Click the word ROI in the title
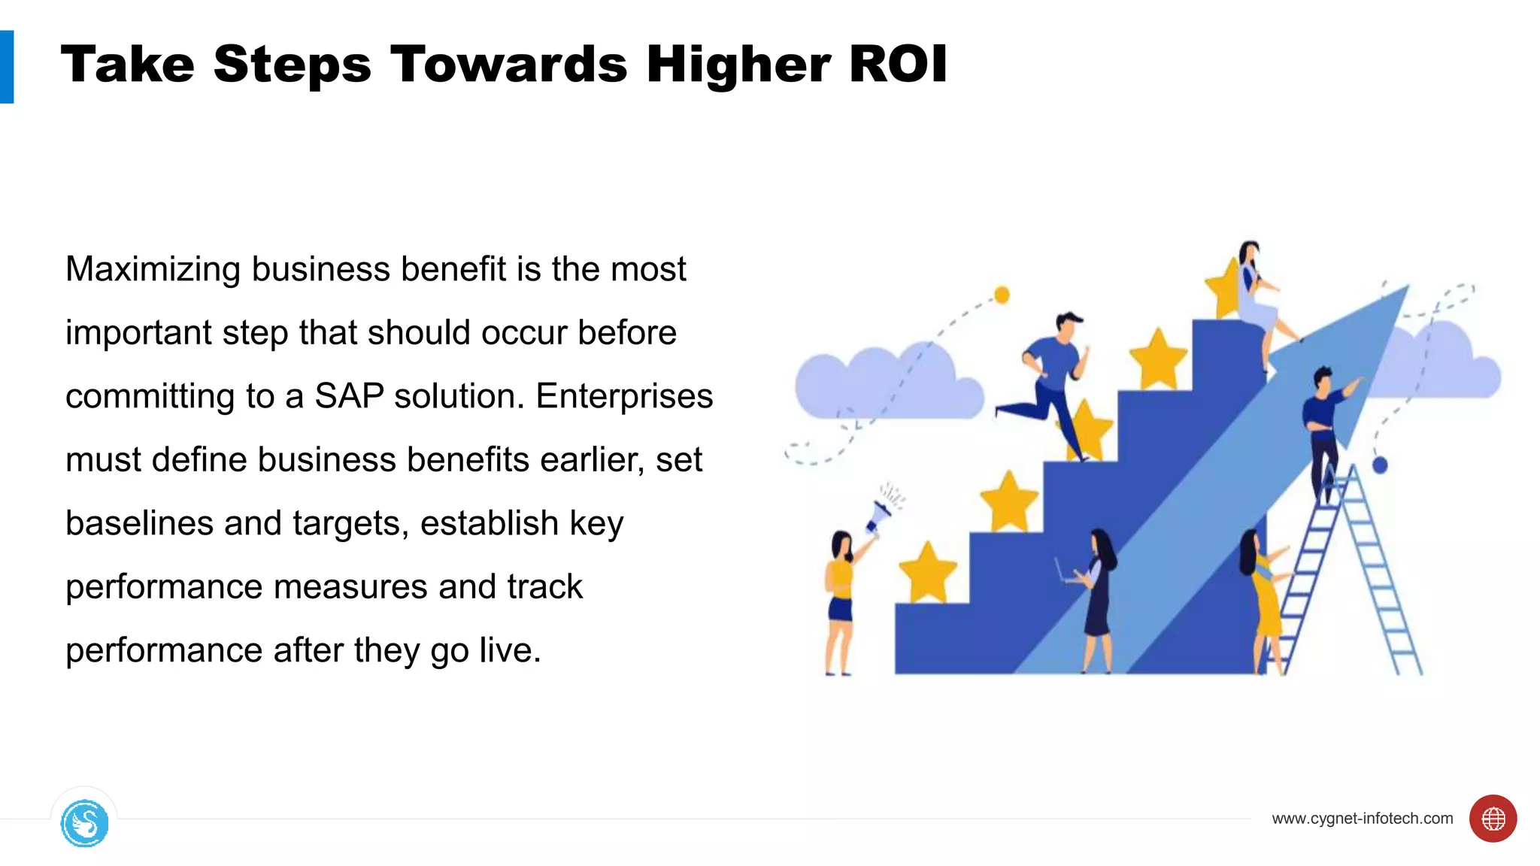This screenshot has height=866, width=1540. [x=897, y=64]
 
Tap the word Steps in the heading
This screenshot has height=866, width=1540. [x=292, y=65]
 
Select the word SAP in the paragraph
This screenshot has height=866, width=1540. [x=349, y=396]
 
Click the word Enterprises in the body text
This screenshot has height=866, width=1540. [x=623, y=396]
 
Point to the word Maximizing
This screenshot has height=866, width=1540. [x=153, y=270]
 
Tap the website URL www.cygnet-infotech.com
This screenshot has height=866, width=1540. [x=1362, y=819]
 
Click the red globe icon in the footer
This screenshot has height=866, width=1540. [x=1493, y=819]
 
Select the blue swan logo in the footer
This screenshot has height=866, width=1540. [x=84, y=823]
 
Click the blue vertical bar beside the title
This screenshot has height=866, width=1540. [x=7, y=67]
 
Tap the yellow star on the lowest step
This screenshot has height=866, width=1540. [x=928, y=573]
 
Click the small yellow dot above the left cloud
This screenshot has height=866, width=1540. [x=1002, y=295]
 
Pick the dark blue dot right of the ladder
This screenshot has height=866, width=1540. [x=1380, y=465]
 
